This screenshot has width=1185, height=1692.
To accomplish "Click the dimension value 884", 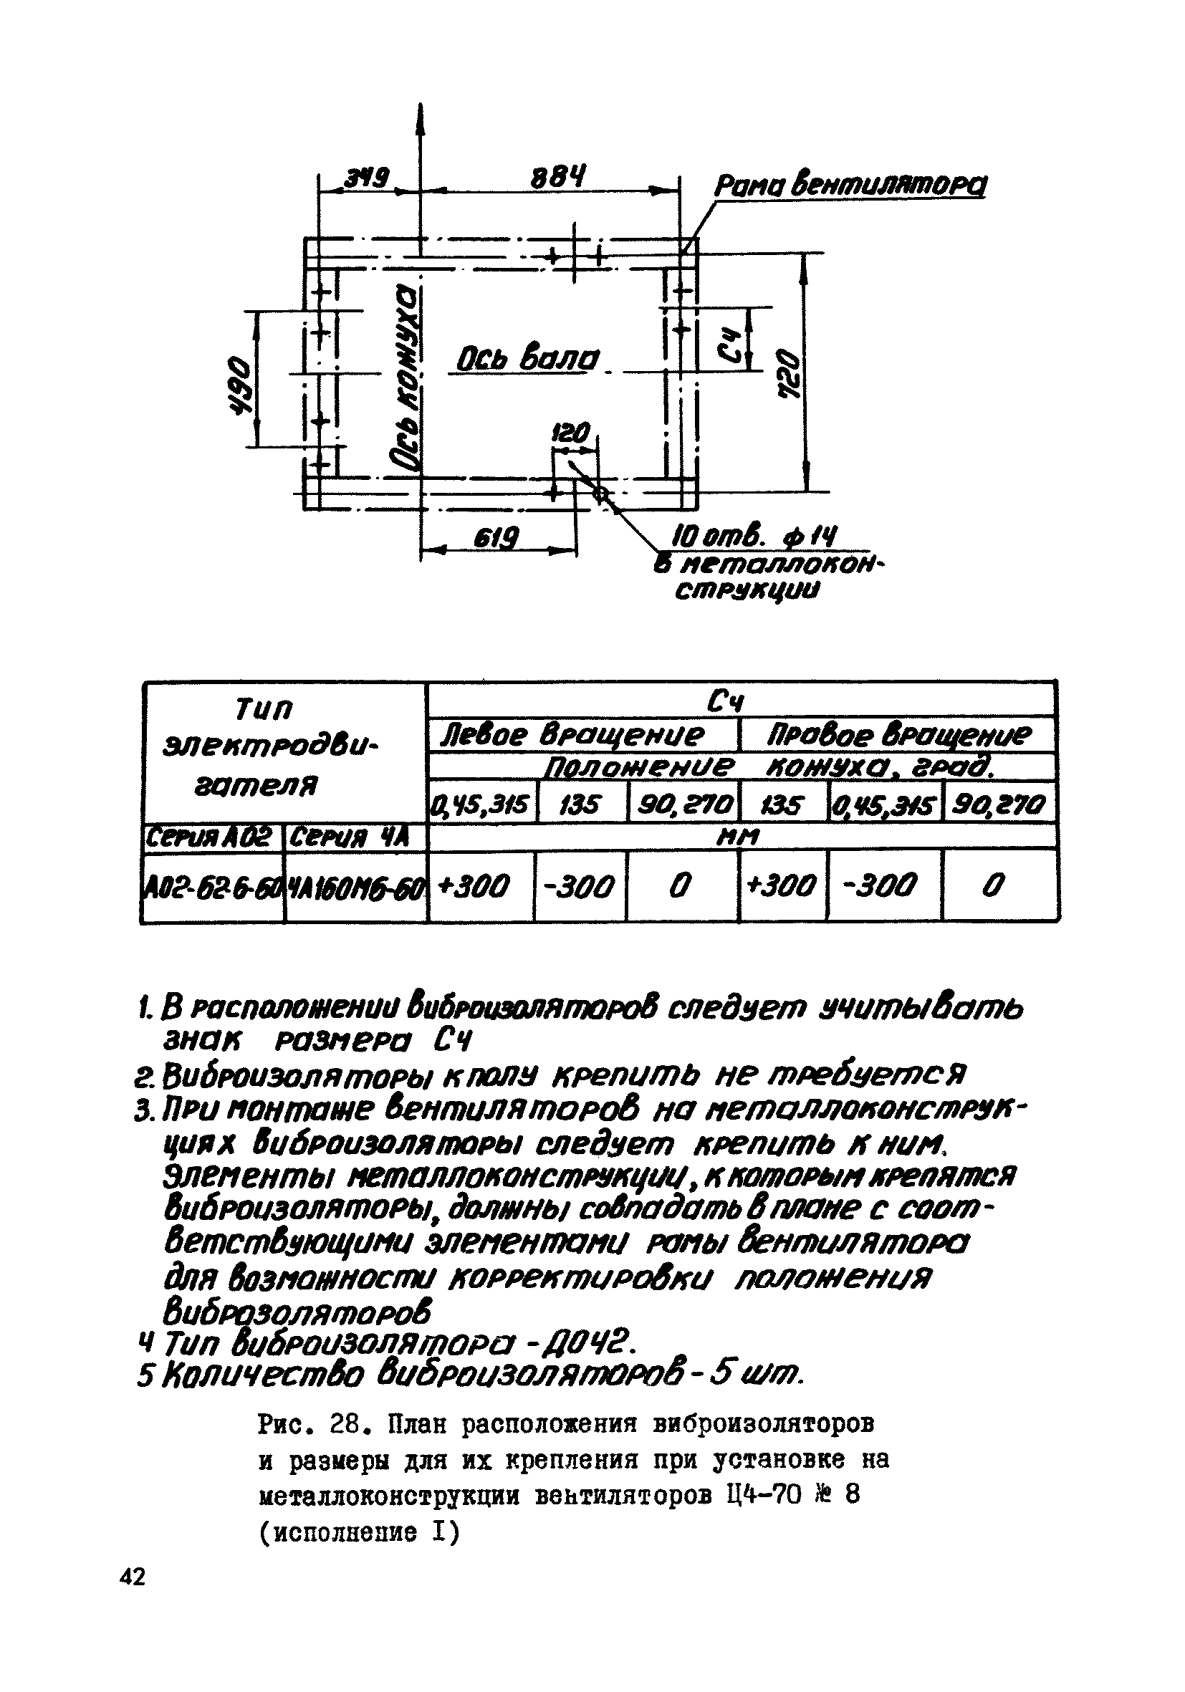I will pyautogui.click(x=558, y=178).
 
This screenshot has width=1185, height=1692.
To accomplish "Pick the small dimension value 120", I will pyautogui.click(x=572, y=433).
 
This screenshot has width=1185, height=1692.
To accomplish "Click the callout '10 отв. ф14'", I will pyautogui.click(x=754, y=537).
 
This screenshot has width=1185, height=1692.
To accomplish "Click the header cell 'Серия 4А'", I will pyautogui.click(x=350, y=837).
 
